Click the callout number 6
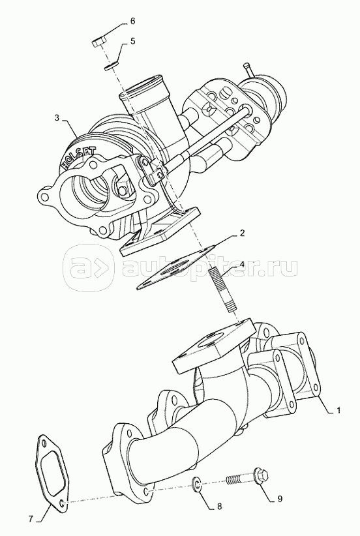[x=132, y=22]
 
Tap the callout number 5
[x=132, y=41]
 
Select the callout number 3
[x=57, y=118]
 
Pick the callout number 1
[x=338, y=410]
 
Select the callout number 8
[x=219, y=505]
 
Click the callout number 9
[x=280, y=499]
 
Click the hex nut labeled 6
[x=98, y=44]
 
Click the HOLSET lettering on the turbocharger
[x=78, y=156]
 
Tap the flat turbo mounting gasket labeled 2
[x=177, y=267]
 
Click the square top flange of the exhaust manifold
[x=215, y=345]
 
